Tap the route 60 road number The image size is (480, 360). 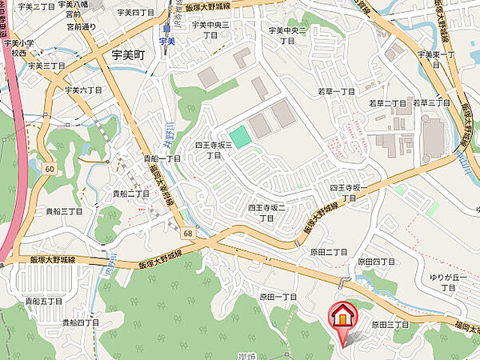click(x=49, y=169)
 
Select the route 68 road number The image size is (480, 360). click(x=188, y=233)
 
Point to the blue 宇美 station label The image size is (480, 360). click(x=166, y=40)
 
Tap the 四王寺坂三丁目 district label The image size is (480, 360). click(x=213, y=150)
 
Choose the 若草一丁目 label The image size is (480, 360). click(x=335, y=93)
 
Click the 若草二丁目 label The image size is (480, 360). click(x=388, y=103)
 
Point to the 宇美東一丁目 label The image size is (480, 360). click(x=436, y=58)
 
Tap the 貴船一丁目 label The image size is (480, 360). click(x=162, y=158)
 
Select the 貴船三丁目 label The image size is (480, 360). click(x=64, y=210)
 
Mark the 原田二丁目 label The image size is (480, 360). click(x=329, y=251)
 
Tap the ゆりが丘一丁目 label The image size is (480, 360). click(x=449, y=282)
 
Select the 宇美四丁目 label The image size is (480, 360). click(x=135, y=12)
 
